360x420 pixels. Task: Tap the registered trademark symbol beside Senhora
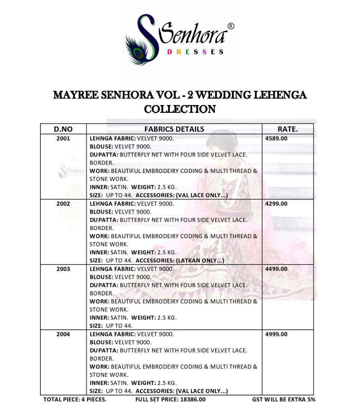pyautogui.click(x=231, y=26)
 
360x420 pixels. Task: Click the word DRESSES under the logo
pyautogui.click(x=195, y=52)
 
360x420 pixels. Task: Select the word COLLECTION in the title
pyautogui.click(x=180, y=109)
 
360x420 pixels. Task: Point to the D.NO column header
pyautogui.click(x=63, y=129)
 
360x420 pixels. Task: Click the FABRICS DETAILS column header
pyautogui.click(x=174, y=129)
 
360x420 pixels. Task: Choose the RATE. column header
pyautogui.click(x=288, y=129)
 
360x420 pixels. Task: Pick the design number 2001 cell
pyautogui.click(x=63, y=138)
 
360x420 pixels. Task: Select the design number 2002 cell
pyautogui.click(x=63, y=204)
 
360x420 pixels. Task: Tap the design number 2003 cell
pyautogui.click(x=63, y=269)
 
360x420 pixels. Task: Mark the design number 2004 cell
pyautogui.click(x=63, y=334)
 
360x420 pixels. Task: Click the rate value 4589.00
pyautogui.click(x=276, y=138)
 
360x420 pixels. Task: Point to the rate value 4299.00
pyautogui.click(x=276, y=204)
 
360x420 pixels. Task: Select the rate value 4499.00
pyautogui.click(x=276, y=269)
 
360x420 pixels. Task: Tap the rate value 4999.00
pyautogui.click(x=276, y=334)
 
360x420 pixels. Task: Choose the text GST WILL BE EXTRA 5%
pyautogui.click(x=283, y=399)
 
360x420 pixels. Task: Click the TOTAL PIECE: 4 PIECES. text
pyautogui.click(x=75, y=399)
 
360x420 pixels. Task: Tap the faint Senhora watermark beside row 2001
pyautogui.click(x=71, y=171)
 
